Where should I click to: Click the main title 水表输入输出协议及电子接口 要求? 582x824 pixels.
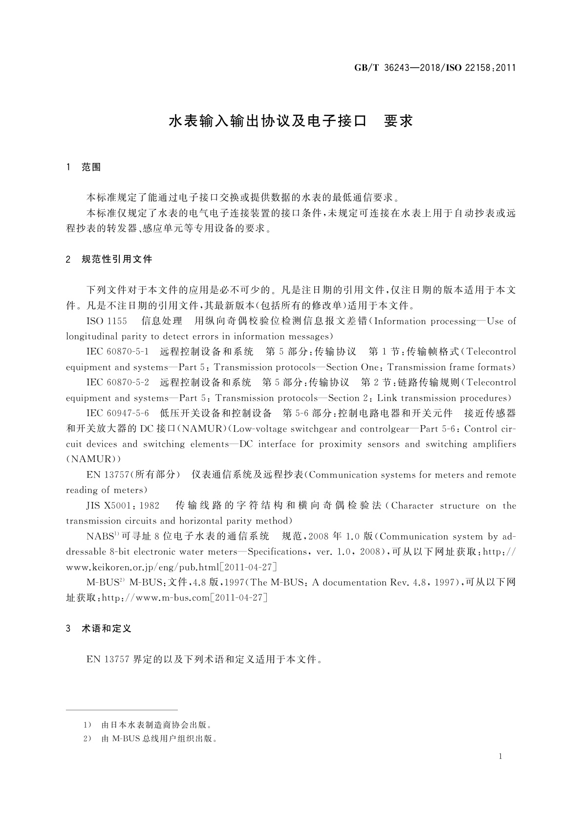tap(291, 121)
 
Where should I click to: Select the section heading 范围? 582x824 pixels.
tap(91, 167)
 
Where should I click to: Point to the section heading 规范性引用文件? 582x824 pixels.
tap(117, 259)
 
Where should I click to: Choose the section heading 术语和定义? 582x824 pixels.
tap(107, 629)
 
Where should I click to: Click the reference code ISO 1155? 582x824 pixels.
tap(107, 321)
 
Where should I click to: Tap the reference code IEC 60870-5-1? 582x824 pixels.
tap(117, 352)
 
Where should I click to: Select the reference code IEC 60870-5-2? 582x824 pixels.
tap(117, 383)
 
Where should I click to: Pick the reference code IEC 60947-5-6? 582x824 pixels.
tap(117, 413)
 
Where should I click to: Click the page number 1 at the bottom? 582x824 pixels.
tap(500, 756)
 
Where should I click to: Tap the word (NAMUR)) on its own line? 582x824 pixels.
tap(93, 459)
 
